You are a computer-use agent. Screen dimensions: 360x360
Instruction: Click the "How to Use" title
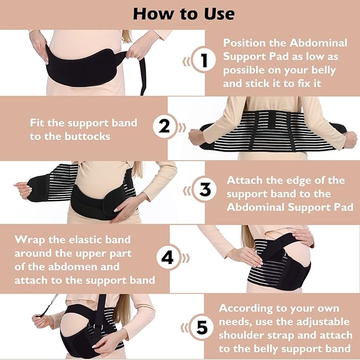[x=180, y=13]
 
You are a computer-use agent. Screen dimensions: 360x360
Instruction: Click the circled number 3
[x=204, y=190]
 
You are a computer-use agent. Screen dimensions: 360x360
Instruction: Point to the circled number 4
[x=168, y=258]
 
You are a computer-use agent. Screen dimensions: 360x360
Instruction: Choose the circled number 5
[x=201, y=327]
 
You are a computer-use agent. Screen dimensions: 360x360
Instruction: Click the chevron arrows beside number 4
[x=186, y=258]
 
